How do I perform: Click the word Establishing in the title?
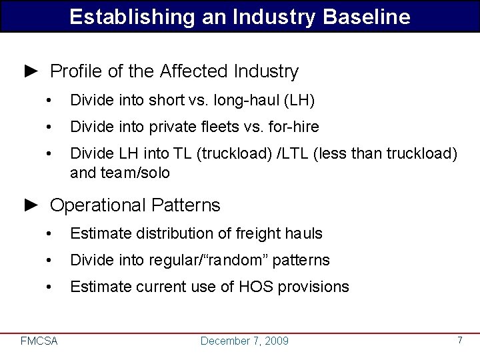coord(124,17)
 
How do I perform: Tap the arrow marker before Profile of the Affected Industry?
coord(31,71)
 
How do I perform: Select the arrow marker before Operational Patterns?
coord(31,205)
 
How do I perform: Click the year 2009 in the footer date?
coord(276,341)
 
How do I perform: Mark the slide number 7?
coord(459,340)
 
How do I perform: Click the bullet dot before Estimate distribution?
coord(49,233)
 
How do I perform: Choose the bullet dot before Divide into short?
coord(49,100)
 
